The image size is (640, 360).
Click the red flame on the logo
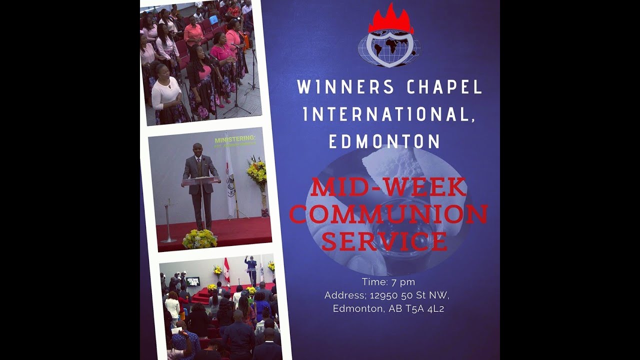389,20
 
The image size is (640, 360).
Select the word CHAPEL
444,87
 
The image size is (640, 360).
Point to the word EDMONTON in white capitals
384,141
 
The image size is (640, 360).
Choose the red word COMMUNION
388,214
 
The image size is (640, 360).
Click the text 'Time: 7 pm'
388,282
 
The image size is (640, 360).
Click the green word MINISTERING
234,138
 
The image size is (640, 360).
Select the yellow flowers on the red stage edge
199,239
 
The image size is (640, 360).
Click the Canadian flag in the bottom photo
226,270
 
